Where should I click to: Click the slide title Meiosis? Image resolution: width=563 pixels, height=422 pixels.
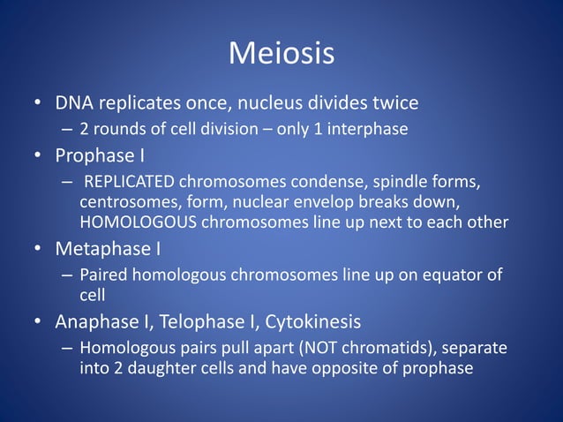click(x=281, y=55)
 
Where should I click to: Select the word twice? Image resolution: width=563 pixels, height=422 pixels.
click(x=394, y=104)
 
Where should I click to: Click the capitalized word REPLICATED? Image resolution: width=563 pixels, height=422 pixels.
click(x=131, y=184)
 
